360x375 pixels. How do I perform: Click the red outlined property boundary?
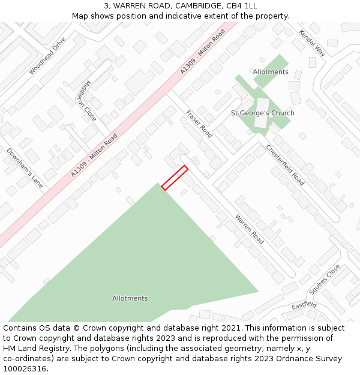175,178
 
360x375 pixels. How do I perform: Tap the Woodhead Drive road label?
47,56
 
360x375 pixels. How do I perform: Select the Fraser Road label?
199,124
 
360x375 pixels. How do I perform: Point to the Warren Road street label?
249,229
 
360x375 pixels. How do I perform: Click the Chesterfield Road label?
285,165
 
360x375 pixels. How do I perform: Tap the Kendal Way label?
312,43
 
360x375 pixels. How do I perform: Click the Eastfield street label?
304,305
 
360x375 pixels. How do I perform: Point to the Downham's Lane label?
25,169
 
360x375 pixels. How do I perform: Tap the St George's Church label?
263,113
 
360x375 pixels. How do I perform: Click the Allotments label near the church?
271,72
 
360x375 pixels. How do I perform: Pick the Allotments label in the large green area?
130,298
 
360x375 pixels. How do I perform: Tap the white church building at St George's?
262,112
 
